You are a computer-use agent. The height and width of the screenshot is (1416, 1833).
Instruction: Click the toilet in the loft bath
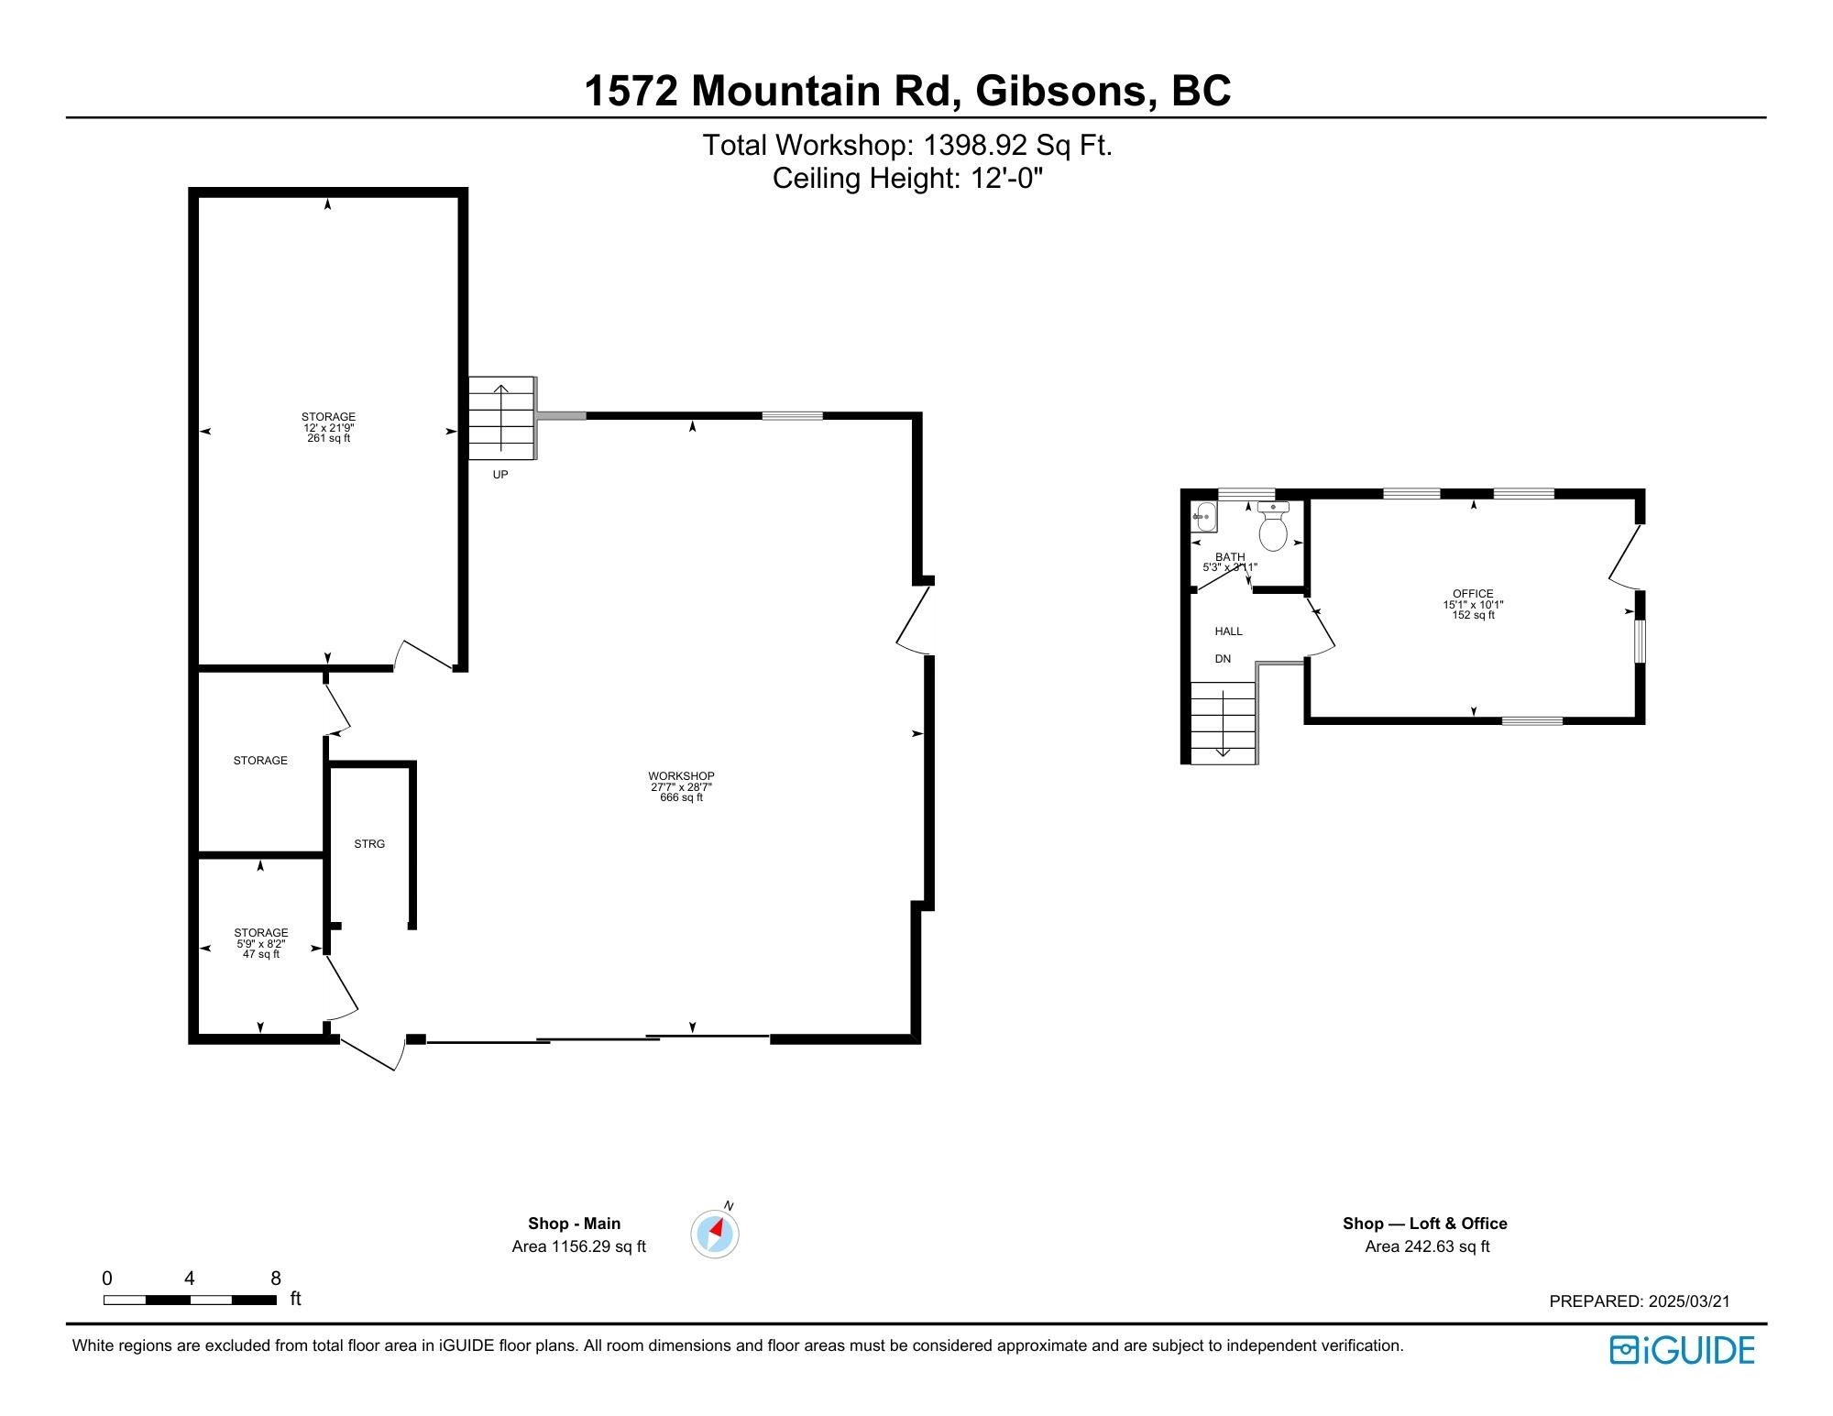1274,528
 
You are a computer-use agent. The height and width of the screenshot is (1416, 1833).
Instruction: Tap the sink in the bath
1202,517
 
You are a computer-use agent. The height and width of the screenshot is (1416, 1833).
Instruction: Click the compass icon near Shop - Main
715,1234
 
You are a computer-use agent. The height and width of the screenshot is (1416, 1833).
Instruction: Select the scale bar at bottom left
190,1300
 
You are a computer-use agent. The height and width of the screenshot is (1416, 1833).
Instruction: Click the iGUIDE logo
1682,1350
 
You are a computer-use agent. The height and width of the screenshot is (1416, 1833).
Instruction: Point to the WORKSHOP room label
681,776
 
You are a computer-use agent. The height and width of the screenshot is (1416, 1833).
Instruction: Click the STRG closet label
369,844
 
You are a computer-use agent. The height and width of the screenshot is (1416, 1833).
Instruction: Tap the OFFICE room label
1473,594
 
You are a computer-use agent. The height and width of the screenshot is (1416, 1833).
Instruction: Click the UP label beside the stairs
500,475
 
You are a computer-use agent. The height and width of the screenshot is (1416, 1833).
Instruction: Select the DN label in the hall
1223,659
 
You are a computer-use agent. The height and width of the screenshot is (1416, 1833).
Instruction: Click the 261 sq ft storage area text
328,439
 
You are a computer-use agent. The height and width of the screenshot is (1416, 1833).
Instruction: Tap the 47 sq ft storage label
261,954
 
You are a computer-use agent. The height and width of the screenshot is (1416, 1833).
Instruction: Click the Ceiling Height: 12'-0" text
907,178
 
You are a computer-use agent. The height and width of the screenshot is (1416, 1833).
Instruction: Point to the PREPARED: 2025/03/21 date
1639,1301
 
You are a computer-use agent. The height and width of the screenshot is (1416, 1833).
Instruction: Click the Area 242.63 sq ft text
1427,1246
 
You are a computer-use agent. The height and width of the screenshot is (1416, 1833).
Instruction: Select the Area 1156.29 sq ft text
578,1246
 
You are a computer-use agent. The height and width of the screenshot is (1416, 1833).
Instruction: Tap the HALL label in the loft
1228,631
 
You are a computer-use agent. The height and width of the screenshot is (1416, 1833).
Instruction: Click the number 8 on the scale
276,1279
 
